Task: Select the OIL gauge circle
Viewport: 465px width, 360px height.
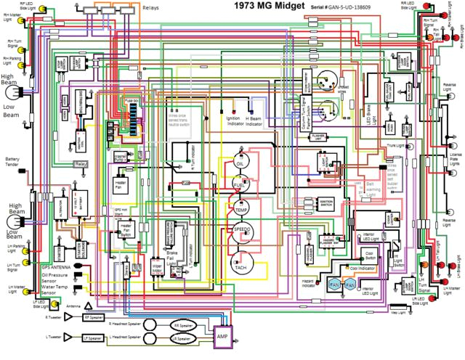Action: (x=240, y=165)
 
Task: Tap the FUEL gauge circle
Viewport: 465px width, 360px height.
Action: (x=240, y=187)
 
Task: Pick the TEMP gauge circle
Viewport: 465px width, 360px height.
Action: (x=241, y=209)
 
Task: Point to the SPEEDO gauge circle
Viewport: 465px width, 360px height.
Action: (x=241, y=232)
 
